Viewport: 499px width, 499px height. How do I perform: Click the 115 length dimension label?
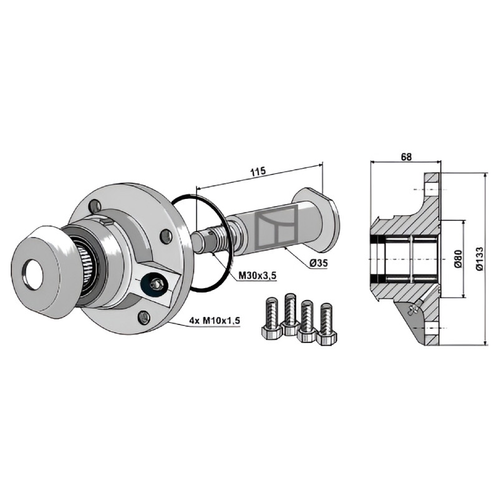click(258, 172)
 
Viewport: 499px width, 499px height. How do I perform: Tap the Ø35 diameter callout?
click(318, 263)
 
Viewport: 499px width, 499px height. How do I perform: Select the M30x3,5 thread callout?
click(257, 276)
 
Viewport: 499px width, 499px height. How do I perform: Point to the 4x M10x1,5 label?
click(215, 321)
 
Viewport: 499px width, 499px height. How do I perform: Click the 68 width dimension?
click(406, 157)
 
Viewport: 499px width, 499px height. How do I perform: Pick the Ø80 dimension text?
click(458, 258)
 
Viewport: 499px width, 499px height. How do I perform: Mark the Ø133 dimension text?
click(480, 259)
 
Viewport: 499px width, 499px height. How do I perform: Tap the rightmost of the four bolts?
click(327, 324)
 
